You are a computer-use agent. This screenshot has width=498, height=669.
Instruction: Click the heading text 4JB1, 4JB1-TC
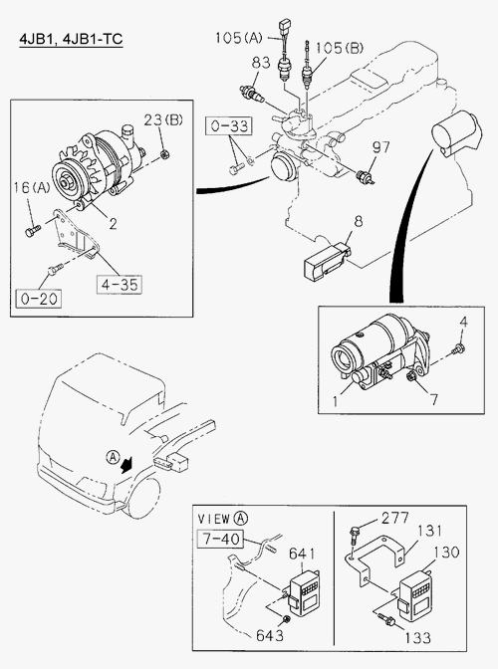coord(71,39)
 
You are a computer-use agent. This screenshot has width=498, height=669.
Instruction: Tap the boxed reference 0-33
coord(229,126)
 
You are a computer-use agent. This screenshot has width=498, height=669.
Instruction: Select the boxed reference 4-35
coord(120,285)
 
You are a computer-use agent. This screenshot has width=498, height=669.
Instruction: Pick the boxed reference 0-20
coord(39,299)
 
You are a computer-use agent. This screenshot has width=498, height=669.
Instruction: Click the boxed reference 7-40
coord(221,539)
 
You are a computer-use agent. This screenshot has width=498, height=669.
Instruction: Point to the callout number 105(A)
coord(239,38)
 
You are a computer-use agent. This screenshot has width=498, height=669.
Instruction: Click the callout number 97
coord(380,147)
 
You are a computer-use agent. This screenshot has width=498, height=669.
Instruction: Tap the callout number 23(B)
coord(163,119)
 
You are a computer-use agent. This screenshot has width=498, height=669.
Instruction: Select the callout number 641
coord(302,554)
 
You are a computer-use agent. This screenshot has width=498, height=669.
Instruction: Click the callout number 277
coord(394,518)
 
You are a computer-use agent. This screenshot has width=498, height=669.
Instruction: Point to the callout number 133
coord(417,638)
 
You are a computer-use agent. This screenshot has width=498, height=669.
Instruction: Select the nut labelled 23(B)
coord(165,154)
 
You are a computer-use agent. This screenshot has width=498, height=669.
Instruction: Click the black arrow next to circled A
coord(126,464)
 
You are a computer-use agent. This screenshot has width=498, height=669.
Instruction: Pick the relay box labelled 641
coord(305,590)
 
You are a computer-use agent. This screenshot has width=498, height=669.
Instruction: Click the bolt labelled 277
coord(354,536)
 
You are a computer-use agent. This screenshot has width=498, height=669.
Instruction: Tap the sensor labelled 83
coord(252,94)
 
